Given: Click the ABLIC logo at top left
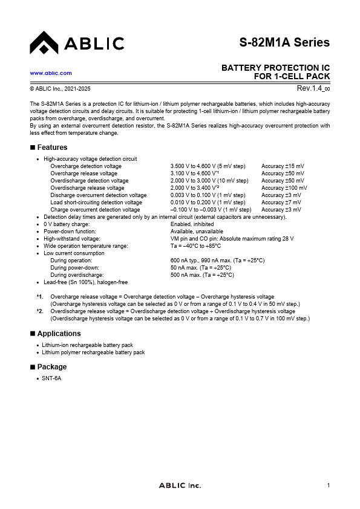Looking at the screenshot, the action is click(x=76, y=43).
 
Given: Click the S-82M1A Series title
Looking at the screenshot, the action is click(x=284, y=42).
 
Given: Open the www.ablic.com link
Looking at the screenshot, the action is click(x=51, y=73).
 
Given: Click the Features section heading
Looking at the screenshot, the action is click(x=52, y=148).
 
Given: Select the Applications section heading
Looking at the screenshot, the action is click(x=59, y=334).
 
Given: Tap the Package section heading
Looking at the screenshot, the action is click(x=52, y=367).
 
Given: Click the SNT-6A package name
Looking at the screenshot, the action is click(x=51, y=378).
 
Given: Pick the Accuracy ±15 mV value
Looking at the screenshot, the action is click(x=283, y=166).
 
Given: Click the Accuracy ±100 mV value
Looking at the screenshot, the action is click(x=284, y=188).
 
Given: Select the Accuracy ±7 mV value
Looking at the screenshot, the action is click(x=281, y=203).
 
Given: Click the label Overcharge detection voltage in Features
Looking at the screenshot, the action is click(x=86, y=166).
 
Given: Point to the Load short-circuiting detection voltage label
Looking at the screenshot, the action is click(x=96, y=203).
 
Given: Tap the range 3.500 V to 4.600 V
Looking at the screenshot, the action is click(x=208, y=166).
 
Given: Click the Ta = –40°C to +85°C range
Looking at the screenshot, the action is click(x=195, y=246).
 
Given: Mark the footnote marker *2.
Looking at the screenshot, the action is click(x=40, y=311).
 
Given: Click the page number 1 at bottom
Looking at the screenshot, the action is click(x=328, y=485).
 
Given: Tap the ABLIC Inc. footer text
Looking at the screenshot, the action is click(x=180, y=485).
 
